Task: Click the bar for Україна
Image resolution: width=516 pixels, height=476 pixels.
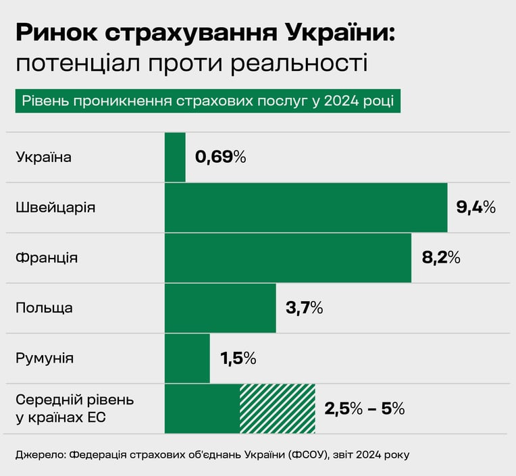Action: (175, 157)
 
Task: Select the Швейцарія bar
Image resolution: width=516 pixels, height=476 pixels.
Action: (306, 207)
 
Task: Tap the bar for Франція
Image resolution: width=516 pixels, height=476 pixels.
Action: (288, 258)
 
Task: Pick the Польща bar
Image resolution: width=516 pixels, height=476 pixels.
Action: (220, 309)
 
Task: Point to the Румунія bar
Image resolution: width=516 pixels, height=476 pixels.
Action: (187, 359)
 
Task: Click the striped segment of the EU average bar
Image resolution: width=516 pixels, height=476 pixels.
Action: (278, 409)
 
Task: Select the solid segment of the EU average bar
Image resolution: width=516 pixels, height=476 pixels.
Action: (203, 409)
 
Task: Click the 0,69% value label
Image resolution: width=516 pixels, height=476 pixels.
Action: (220, 157)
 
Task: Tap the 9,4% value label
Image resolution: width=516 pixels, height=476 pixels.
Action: (476, 207)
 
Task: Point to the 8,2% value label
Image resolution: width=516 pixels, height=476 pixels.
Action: (441, 257)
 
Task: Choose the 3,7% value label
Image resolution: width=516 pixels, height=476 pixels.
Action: (305, 309)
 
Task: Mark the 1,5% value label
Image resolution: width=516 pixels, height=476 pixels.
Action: (238, 359)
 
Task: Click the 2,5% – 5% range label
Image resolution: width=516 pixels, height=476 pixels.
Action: (365, 409)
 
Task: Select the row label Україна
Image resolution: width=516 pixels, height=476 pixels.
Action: (44, 157)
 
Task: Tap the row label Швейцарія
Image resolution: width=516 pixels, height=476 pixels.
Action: (55, 207)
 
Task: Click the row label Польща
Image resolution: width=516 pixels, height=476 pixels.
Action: (44, 309)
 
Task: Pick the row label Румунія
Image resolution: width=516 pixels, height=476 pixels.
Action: (45, 359)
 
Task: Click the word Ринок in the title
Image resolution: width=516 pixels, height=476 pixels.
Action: (57, 32)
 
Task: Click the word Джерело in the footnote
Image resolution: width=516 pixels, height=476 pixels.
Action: (41, 455)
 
